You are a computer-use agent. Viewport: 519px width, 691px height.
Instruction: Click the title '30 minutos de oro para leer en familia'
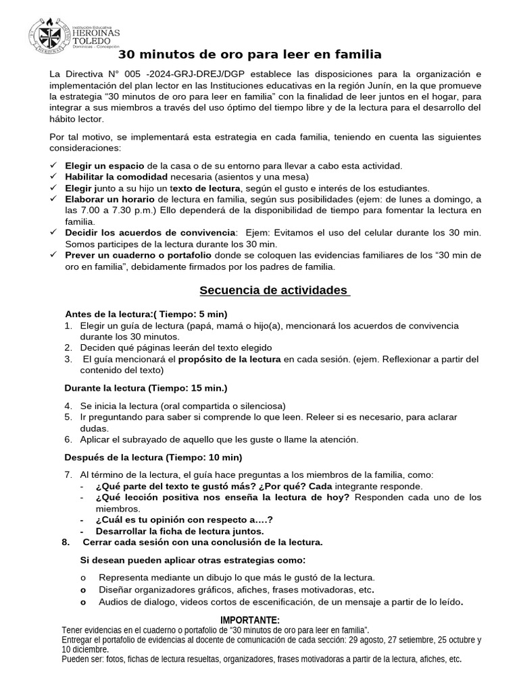[250, 55]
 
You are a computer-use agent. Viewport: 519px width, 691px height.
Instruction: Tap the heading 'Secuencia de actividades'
[274, 290]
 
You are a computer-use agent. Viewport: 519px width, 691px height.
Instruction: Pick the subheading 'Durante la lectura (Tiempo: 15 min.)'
[145, 388]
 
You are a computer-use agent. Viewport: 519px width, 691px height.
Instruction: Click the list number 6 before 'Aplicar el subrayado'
[68, 439]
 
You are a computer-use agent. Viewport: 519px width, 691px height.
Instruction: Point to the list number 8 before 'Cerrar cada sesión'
[66, 543]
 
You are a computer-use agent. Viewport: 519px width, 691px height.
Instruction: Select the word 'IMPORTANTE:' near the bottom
[249, 620]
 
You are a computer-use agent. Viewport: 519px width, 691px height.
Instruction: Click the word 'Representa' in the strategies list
[122, 578]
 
